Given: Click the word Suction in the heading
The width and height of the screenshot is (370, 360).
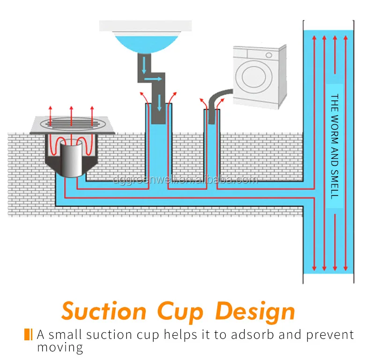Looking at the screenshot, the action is tap(104, 311).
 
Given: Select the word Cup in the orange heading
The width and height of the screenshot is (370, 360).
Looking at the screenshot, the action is tap(180, 311).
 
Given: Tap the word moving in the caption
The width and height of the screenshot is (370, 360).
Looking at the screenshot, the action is tap(60, 347).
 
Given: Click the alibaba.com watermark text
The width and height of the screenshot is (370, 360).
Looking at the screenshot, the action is tap(185, 180).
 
